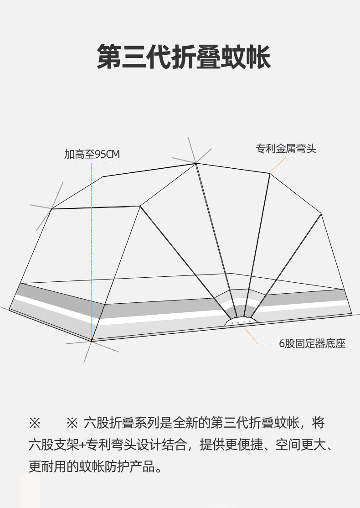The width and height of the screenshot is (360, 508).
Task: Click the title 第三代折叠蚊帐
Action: pos(184,57)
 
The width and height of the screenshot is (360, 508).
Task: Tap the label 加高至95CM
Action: pos(92,155)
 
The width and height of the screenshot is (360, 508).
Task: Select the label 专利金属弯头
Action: pos(286,149)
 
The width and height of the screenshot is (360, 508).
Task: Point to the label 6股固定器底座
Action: pos(312,344)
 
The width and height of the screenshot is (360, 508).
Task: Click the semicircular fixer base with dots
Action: pos(241,321)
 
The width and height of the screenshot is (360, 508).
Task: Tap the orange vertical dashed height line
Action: pos(92,246)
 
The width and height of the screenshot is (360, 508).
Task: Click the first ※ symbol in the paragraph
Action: pos(35,423)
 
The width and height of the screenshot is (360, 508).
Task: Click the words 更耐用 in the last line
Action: pos(48,467)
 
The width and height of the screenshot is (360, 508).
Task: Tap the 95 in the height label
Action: pos(100,155)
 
